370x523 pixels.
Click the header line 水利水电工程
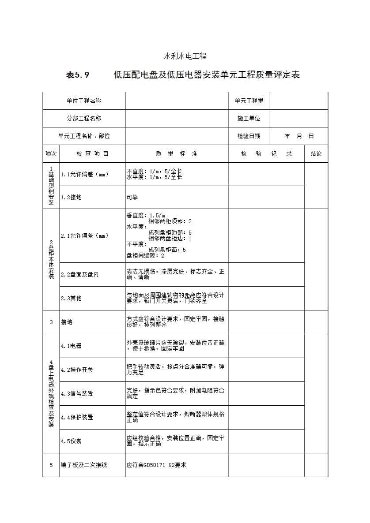[x=185, y=56]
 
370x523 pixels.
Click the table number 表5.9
[x=78, y=75]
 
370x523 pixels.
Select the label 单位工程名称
[x=84, y=101]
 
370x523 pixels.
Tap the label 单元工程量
[x=249, y=101]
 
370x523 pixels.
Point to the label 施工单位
[x=249, y=119]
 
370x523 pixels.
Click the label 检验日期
[x=249, y=136]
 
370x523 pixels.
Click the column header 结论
[x=316, y=154]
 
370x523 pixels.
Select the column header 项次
[x=51, y=154]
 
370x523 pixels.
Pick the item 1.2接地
[x=71, y=198]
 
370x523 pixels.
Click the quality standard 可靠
[x=132, y=198]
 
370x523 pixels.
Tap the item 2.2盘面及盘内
[x=80, y=275]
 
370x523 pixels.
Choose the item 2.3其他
[x=71, y=299]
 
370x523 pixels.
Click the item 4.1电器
[x=71, y=346]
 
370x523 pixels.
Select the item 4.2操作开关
[x=77, y=370]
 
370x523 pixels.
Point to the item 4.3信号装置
[x=77, y=394]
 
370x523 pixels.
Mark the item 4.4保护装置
[x=77, y=418]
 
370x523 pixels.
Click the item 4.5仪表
[x=71, y=441]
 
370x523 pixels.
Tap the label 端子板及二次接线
[x=84, y=465]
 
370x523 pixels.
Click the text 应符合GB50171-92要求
[x=156, y=465]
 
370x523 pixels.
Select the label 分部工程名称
[x=84, y=119]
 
